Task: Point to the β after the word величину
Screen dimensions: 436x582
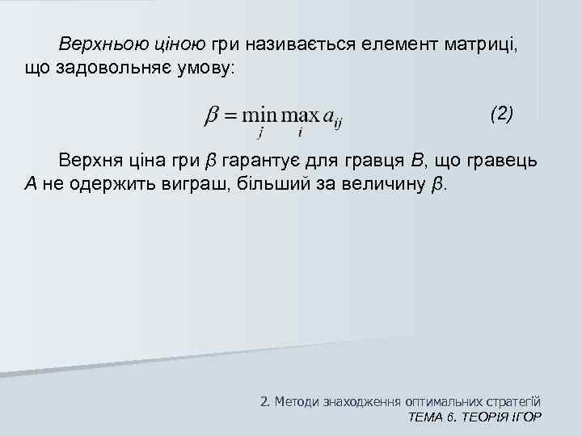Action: [436, 185]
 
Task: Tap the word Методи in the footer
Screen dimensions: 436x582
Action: [297, 400]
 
